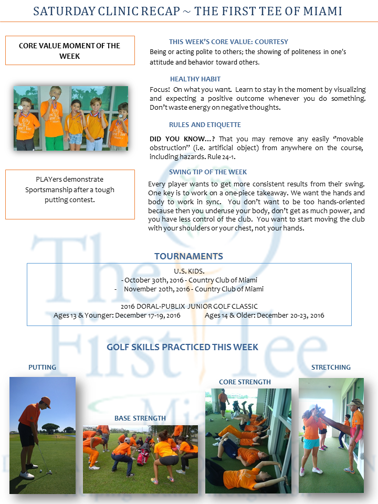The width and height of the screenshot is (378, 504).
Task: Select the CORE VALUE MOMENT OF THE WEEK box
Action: pos(70,50)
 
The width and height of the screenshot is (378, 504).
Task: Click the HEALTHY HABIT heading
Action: pos(195,79)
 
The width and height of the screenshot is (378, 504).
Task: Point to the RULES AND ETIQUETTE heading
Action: pos(205,125)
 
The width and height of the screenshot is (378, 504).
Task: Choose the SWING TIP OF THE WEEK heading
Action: pos(208,172)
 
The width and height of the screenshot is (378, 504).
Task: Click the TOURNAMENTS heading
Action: pos(188,256)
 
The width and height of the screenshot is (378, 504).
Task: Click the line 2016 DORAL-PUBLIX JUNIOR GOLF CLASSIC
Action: pos(189,306)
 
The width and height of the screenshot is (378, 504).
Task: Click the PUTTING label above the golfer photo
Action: pos(42,367)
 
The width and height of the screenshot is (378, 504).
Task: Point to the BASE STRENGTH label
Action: pos(140,418)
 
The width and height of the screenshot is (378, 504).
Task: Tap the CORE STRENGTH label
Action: pos(245,382)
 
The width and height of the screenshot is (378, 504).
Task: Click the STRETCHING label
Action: pos(331,367)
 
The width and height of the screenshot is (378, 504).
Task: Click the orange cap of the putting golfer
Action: pos(45,402)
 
